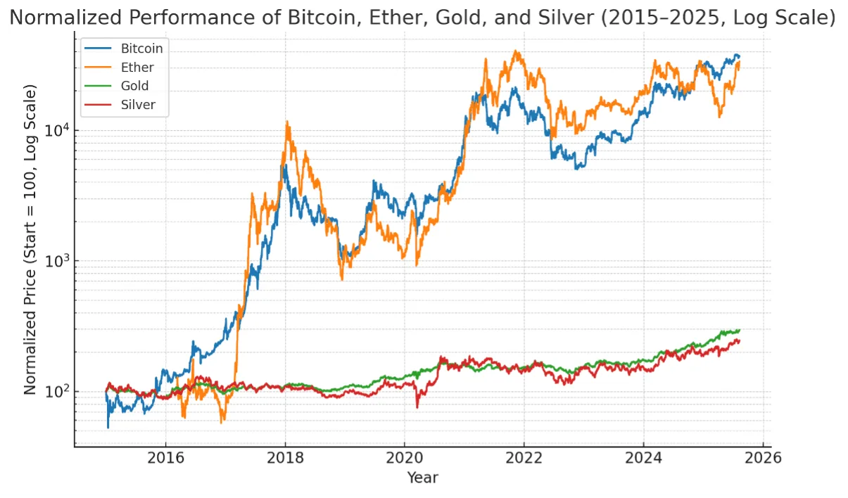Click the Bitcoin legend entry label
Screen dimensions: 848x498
[141, 49]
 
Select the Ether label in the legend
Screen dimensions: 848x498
[137, 68]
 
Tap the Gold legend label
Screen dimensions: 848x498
[134, 86]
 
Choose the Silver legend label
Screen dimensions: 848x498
[138, 104]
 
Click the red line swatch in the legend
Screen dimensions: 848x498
[98, 105]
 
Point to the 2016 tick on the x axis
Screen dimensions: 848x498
[165, 459]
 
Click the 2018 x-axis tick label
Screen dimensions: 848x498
[285, 459]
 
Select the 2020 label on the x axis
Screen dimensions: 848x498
[405, 459]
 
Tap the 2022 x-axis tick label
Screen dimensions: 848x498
[524, 459]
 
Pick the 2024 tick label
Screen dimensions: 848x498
[643, 459]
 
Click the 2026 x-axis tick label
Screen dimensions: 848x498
[763, 459]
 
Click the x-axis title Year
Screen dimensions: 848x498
[422, 478]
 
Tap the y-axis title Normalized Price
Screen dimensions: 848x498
[30, 240]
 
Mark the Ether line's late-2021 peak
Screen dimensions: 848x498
[515, 51]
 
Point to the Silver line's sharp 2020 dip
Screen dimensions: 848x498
[417, 407]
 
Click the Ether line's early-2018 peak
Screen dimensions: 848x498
[287, 122]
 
